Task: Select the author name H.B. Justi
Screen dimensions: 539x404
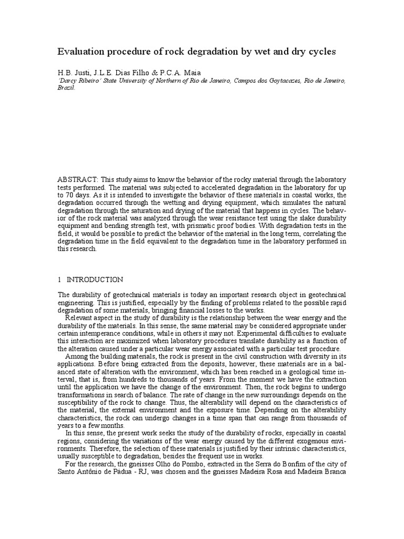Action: tap(72, 73)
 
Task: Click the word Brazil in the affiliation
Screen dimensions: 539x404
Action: tap(66, 88)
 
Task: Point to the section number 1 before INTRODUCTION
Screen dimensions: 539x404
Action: tap(59, 280)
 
